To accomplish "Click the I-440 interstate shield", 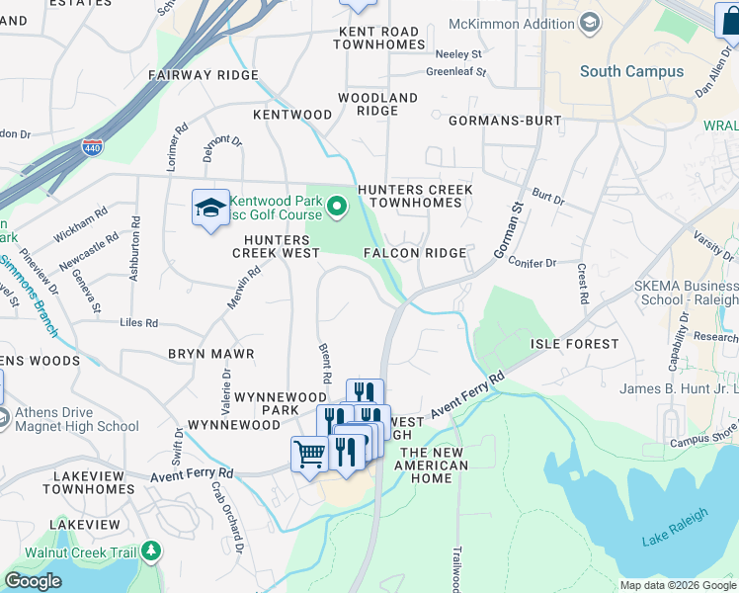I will [92, 147].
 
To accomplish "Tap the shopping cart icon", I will [309, 455].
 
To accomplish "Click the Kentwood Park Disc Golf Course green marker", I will [336, 207].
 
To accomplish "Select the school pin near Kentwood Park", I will [209, 208].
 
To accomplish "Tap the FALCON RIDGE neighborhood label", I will [415, 253].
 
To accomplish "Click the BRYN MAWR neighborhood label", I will [210, 353].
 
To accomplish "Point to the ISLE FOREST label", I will [574, 344].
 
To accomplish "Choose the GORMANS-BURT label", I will [505, 121].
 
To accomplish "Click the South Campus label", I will [631, 71].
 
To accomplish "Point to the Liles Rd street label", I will [138, 323].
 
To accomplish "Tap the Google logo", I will [33, 581].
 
